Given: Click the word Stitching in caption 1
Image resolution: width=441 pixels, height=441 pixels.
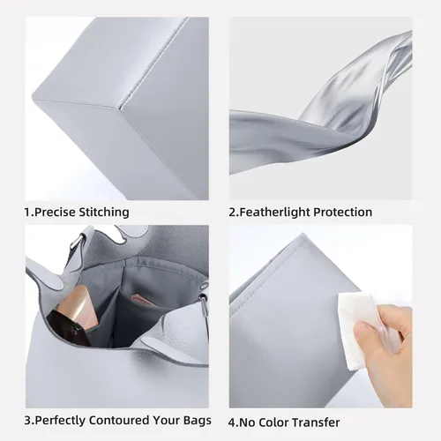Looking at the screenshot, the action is pos(104,213).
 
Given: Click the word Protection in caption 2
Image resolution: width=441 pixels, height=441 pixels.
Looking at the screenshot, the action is pos(342,212).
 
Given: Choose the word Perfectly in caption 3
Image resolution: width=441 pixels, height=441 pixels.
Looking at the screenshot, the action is pos(60,421).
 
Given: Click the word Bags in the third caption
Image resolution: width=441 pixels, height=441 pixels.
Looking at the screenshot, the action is pos(198,421).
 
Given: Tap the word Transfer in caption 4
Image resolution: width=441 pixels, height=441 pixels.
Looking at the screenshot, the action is pos(317,422).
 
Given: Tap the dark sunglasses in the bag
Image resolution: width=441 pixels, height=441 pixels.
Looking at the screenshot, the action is pos(69,328).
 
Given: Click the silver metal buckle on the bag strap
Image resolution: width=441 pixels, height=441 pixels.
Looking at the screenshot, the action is pos(77,239).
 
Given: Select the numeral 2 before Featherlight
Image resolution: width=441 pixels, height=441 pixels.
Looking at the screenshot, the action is pos(232,213).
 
